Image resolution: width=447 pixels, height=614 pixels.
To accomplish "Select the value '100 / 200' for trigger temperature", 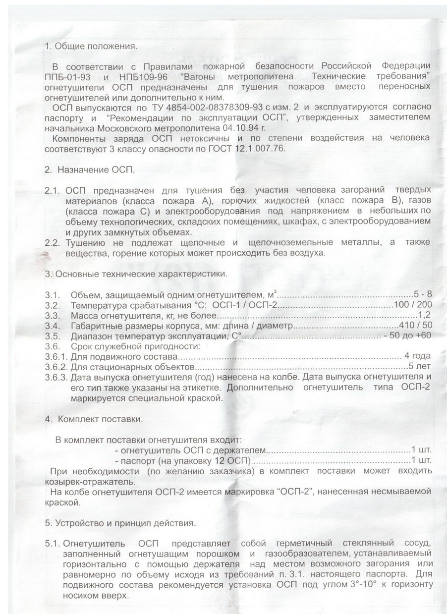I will tap(412, 305).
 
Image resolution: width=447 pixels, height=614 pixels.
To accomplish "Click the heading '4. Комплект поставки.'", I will tap(93, 418).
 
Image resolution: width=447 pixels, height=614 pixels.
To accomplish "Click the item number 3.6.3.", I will tap(56, 377).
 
